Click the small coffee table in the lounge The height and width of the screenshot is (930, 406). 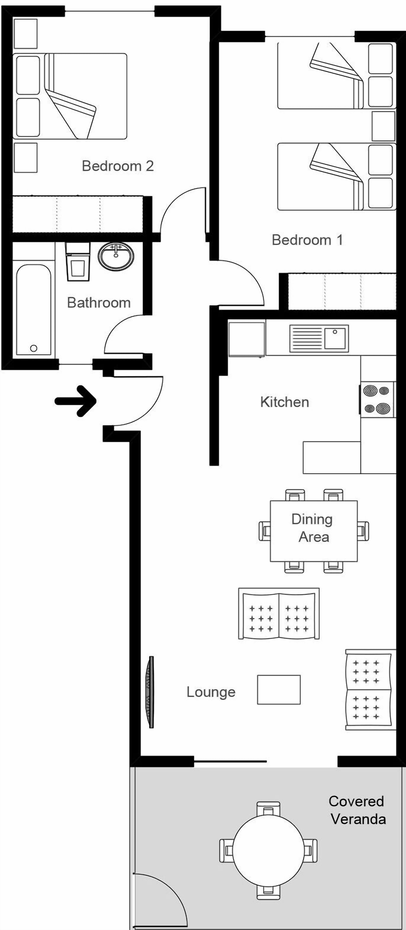tap(278, 690)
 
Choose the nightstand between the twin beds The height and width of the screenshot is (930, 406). tap(383, 126)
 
